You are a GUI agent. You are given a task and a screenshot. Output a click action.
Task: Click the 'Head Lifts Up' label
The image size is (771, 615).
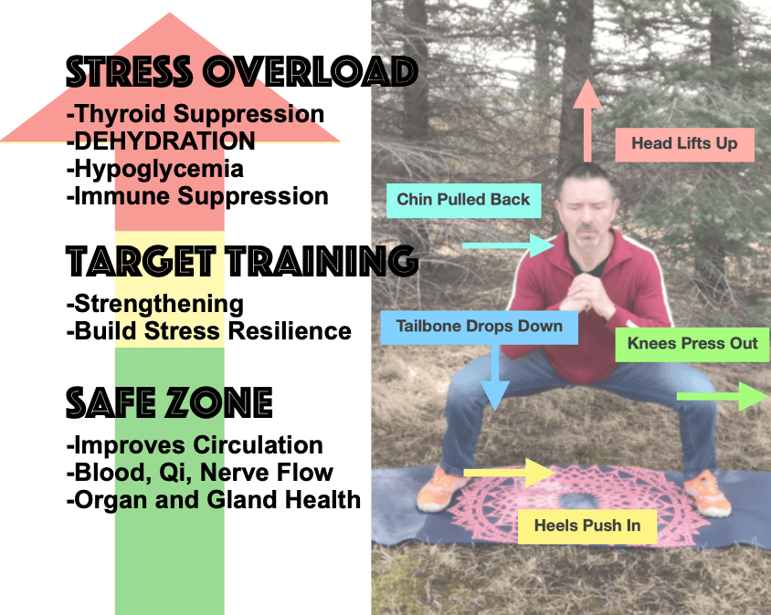(684, 145)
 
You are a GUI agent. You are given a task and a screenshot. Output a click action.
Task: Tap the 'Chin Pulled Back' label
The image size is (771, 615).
(464, 201)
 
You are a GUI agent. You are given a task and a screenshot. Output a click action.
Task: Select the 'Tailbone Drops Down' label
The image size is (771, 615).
(480, 328)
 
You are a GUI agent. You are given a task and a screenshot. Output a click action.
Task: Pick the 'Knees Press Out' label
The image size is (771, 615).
(692, 344)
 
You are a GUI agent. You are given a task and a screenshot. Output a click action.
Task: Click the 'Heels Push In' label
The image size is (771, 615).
(587, 526)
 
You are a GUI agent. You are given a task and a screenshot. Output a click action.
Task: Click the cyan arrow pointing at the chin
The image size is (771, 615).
(509, 245)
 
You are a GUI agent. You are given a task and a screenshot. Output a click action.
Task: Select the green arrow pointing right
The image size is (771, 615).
(723, 396)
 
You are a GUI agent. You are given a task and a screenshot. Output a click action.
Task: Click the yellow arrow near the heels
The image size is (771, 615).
(510, 473)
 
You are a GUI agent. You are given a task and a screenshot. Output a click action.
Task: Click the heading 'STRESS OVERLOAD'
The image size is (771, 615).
(242, 72)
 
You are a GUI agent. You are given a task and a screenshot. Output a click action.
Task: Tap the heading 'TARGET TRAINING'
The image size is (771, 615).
(242, 260)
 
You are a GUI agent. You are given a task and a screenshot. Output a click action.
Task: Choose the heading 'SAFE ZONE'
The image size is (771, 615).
(169, 402)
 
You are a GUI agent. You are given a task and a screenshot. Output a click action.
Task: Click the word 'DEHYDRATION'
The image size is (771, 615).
(164, 141)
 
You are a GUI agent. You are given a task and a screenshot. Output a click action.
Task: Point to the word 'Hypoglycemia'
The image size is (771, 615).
(159, 170)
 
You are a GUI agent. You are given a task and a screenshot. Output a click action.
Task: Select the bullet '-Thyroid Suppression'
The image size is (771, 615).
(195, 114)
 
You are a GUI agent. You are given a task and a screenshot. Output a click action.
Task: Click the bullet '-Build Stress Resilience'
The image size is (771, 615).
(209, 331)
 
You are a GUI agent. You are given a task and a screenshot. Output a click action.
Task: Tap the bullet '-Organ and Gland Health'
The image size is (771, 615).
(214, 500)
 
